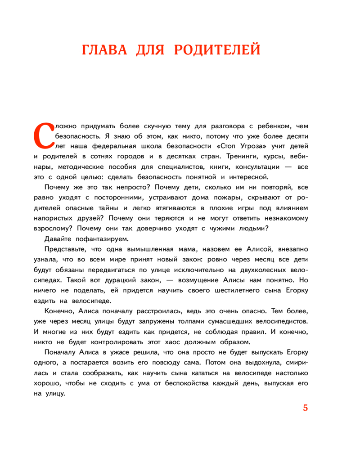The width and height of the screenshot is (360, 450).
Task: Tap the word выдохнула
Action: [x=267, y=362]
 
